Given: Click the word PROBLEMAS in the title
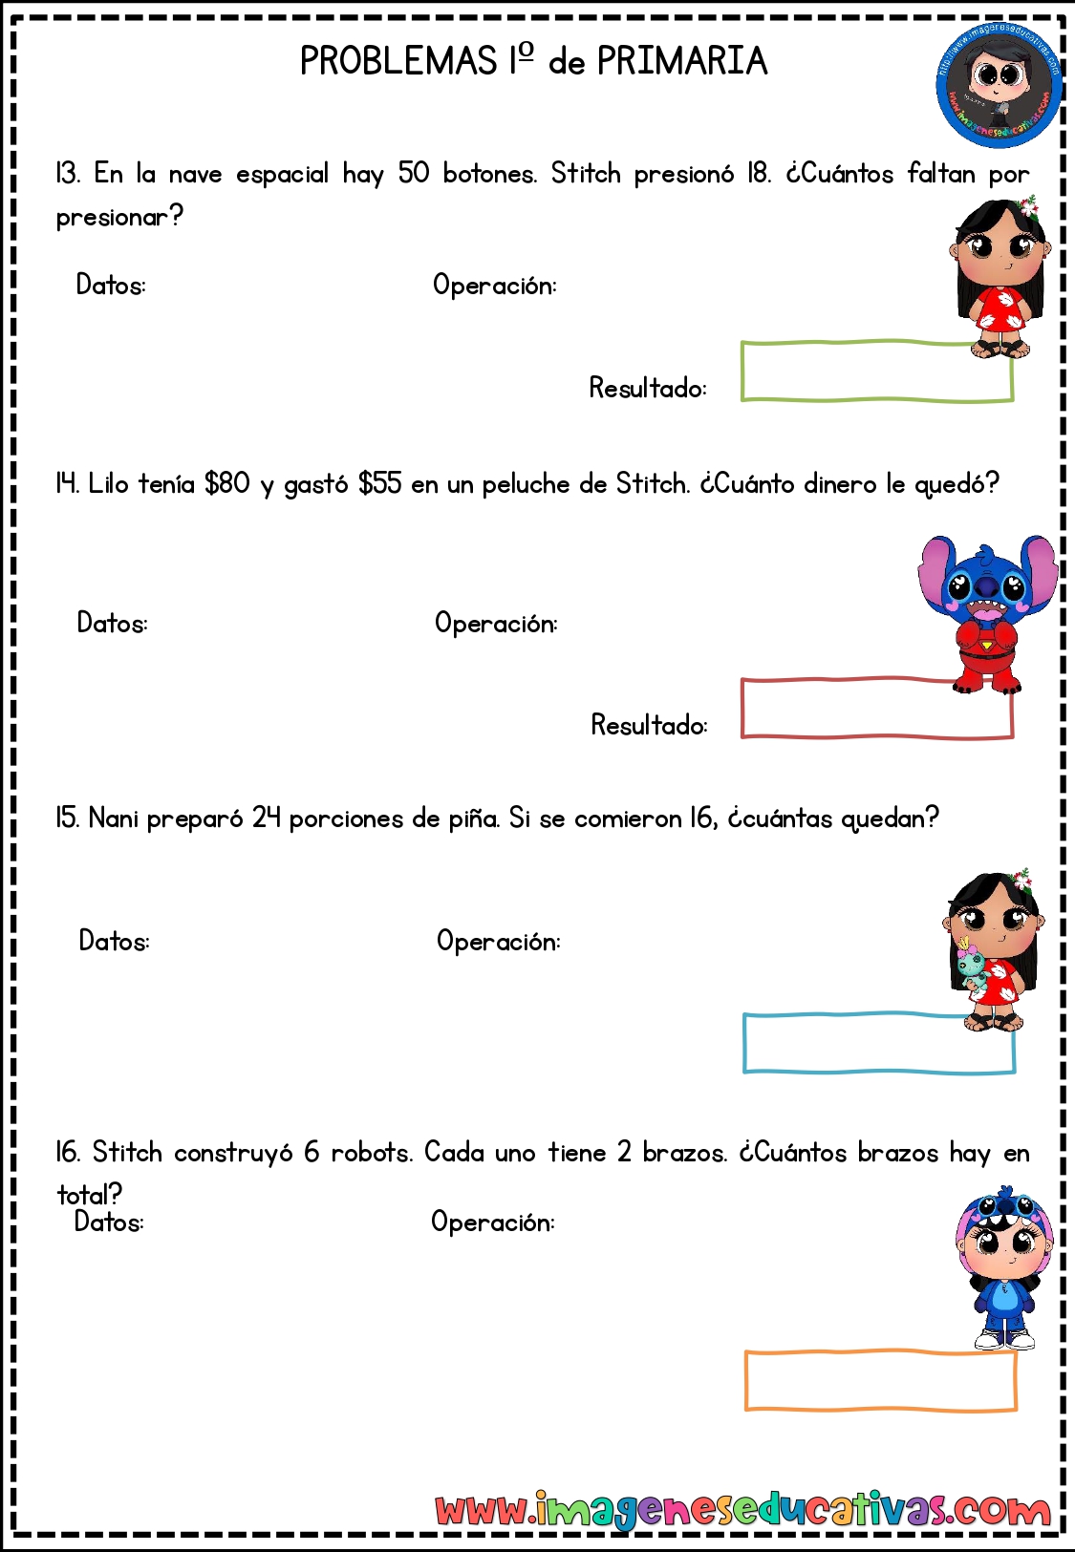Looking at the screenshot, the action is [398, 61].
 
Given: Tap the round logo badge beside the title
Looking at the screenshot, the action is [999, 87].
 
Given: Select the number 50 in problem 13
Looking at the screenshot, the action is [414, 173].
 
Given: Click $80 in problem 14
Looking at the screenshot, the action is [226, 483].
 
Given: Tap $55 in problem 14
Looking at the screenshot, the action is [379, 483].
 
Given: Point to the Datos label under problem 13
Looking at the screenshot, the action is [111, 285].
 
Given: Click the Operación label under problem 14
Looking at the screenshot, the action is [496, 624].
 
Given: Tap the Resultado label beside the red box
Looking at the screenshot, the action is [649, 725].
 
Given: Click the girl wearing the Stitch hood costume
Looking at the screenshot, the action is [1003, 1267].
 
